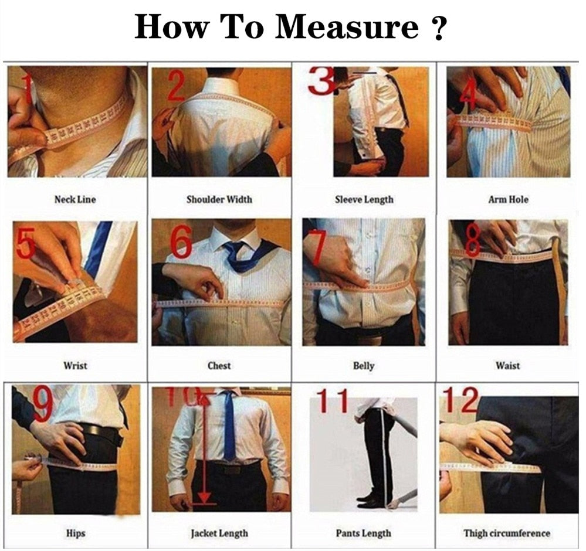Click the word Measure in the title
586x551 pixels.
click(x=347, y=26)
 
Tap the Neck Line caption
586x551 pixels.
click(x=75, y=199)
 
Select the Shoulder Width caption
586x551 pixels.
click(x=219, y=199)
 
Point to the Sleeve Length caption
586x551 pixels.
click(x=364, y=200)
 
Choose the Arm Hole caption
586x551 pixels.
click(x=508, y=199)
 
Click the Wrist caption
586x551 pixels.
click(x=75, y=365)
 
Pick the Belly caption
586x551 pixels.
click(x=364, y=366)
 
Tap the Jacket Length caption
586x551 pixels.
click(x=219, y=533)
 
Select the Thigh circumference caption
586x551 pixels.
click(x=507, y=533)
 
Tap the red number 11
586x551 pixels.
click(x=332, y=401)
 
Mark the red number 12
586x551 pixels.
click(x=460, y=399)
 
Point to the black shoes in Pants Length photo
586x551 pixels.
click(x=370, y=501)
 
